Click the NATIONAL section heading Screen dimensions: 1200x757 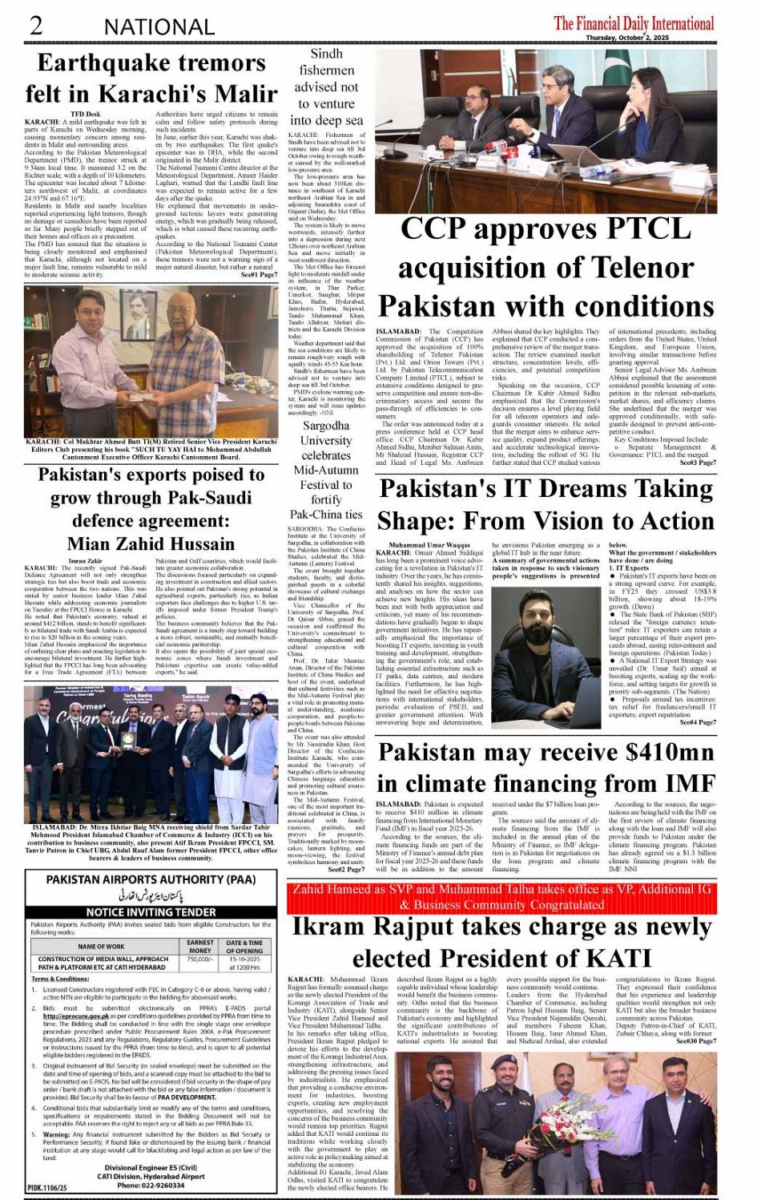click(x=159, y=26)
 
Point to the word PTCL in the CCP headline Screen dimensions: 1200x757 click(x=626, y=228)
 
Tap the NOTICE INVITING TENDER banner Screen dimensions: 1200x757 click(x=151, y=912)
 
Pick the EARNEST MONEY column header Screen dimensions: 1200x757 click(x=200, y=947)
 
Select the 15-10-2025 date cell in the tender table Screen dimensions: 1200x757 click(x=244, y=959)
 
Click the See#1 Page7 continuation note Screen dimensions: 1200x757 click(x=259, y=274)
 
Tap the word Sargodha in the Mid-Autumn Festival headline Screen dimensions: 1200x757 click(x=326, y=426)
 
